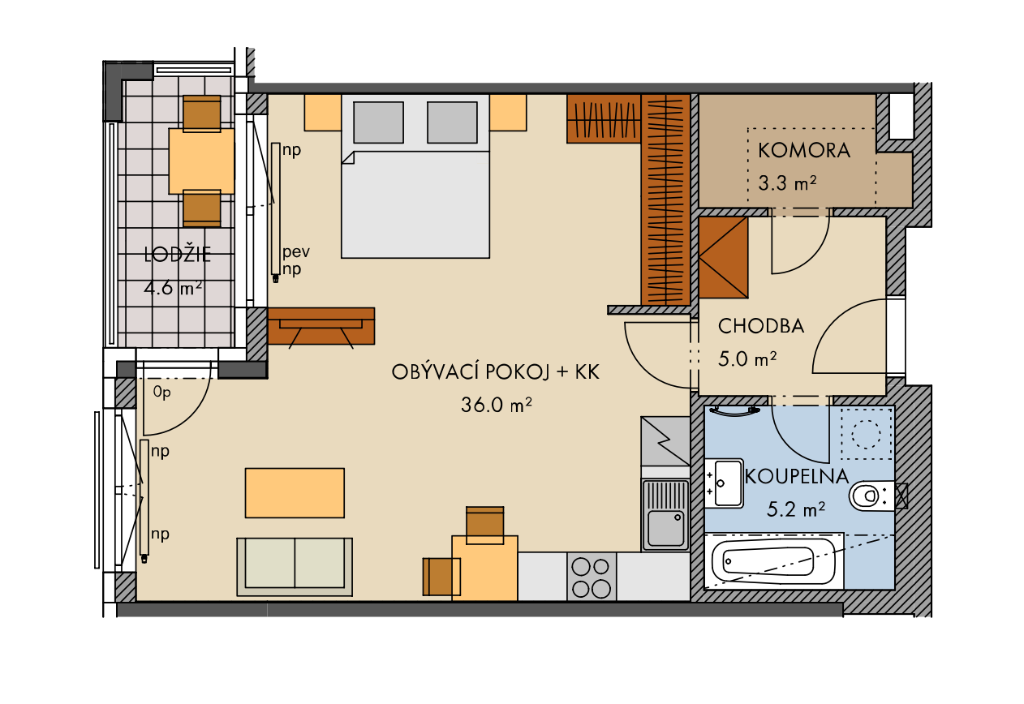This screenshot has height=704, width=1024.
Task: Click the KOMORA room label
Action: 804,150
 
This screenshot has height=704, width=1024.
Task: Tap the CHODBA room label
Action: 761,326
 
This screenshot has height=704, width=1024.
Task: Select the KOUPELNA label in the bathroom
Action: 797,476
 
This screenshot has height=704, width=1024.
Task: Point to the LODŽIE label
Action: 178,255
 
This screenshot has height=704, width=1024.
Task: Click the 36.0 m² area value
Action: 497,405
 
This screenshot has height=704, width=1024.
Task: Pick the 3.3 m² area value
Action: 787,183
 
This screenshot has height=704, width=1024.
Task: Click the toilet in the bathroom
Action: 871,496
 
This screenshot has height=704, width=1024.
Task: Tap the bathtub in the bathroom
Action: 774,561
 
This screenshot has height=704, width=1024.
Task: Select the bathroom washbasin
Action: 724,483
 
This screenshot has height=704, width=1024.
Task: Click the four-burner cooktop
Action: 592,577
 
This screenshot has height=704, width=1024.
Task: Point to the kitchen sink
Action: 665,514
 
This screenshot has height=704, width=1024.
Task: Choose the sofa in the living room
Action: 295,566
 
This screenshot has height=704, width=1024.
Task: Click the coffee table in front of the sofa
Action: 295,493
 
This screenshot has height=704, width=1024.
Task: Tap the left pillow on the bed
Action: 378,122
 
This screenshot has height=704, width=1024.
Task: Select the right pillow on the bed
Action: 452,122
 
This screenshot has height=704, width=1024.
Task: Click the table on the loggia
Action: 201,161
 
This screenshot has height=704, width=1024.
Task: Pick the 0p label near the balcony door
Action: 161,393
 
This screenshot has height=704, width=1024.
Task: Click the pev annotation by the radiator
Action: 296,252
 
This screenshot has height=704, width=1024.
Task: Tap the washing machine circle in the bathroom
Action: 866,434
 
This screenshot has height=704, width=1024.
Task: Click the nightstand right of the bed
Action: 508,113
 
